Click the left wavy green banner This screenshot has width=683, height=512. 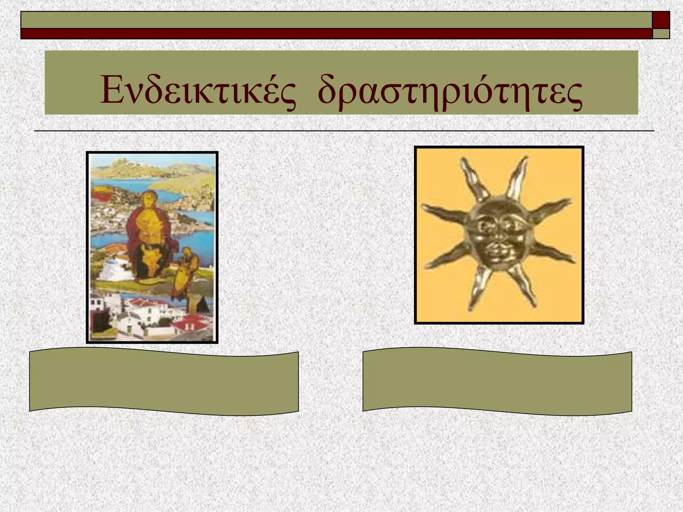tap(164, 381)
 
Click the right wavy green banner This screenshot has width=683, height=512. tap(497, 381)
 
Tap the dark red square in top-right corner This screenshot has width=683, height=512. tap(661, 20)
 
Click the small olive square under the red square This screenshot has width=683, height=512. tap(661, 34)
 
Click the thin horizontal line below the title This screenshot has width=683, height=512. tap(344, 131)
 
